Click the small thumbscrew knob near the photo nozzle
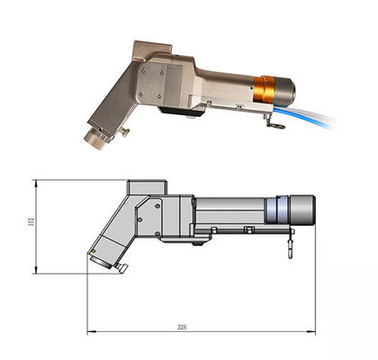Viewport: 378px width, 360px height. pos(124,132)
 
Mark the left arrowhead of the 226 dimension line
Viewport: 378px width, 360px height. pos(90,332)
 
